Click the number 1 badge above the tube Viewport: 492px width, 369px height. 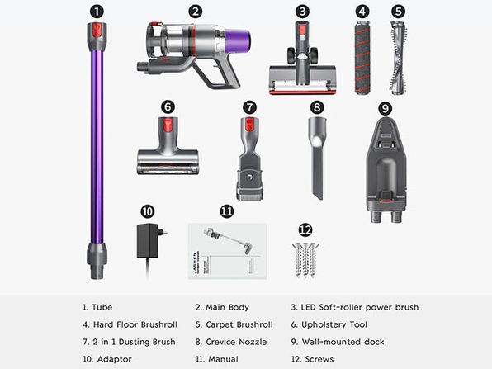pos(97,12)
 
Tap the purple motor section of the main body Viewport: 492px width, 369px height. pos(238,40)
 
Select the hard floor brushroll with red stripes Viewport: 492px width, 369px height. pos(362,58)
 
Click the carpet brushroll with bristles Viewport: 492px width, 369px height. pos(399,58)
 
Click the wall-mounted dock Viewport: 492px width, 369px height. pos(386,169)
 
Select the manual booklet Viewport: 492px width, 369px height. pos(227,251)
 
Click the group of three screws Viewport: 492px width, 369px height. pos(305,260)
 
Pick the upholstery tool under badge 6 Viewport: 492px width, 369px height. pos(168,145)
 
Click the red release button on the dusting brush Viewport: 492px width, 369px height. pos(249,125)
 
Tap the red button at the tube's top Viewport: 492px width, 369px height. pos(97,31)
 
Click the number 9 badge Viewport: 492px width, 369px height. pos(385,109)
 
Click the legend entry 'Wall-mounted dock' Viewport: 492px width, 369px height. pos(338,342)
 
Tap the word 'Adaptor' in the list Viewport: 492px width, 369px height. pos(114,359)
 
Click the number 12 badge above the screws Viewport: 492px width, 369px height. pos(305,230)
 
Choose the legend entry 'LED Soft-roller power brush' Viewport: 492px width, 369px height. pos(355,307)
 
